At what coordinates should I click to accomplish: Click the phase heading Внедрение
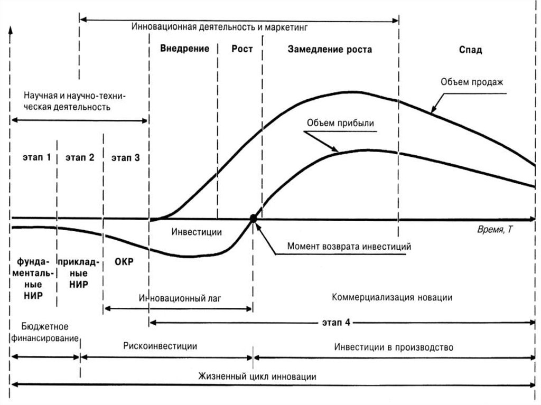point(184,49)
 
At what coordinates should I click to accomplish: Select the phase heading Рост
point(242,49)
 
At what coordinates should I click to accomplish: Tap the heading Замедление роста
point(330,50)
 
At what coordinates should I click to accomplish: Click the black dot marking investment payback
point(254,218)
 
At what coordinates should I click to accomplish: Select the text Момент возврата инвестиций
point(349,246)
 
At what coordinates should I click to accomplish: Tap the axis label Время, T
point(495,230)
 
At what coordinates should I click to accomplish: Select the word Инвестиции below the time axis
point(197,232)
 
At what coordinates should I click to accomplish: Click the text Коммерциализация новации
point(392,297)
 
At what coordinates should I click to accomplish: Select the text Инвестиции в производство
point(394,347)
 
